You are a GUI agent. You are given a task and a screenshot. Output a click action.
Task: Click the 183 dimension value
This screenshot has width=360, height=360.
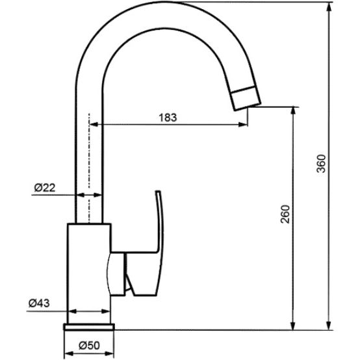(x=168, y=117)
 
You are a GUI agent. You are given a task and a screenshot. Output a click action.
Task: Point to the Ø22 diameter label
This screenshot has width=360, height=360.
(x=44, y=187)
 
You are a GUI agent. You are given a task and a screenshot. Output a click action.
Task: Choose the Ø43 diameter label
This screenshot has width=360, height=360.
(x=40, y=303)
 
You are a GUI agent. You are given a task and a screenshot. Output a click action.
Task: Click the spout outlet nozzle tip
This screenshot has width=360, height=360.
(x=246, y=97)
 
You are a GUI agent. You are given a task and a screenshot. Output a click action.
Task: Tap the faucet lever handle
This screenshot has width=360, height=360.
(x=155, y=224)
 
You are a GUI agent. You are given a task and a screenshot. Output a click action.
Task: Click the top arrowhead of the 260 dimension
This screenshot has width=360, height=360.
(x=294, y=110)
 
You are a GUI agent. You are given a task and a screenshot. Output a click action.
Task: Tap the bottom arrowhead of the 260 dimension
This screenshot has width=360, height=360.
(x=294, y=323)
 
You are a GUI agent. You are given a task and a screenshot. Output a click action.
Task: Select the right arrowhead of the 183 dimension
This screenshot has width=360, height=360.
(x=245, y=124)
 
